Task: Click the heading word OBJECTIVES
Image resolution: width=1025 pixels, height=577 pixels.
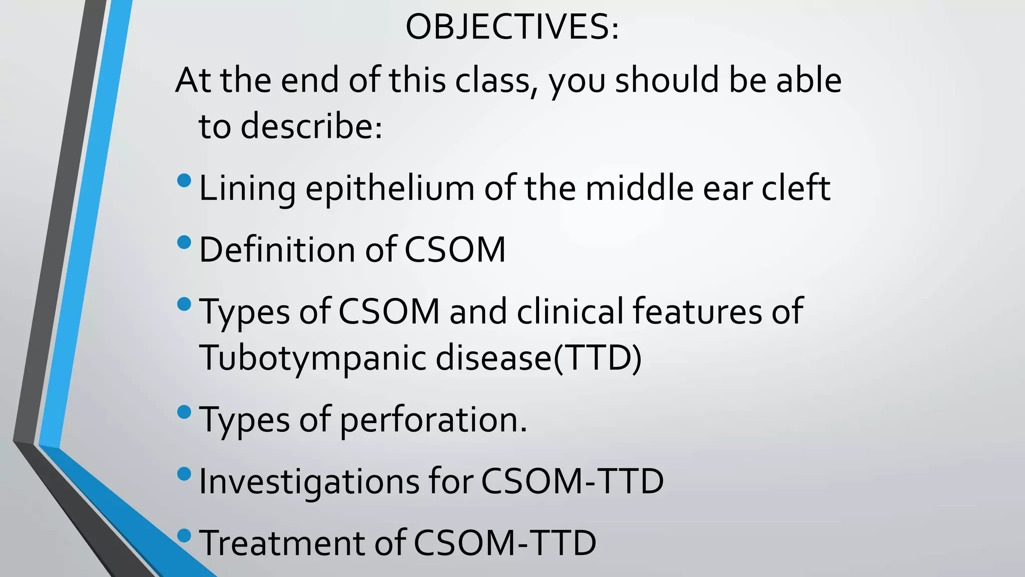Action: (511, 27)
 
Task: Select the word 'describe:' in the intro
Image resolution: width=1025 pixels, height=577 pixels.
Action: (311, 126)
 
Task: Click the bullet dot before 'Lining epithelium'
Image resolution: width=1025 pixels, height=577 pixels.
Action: (184, 180)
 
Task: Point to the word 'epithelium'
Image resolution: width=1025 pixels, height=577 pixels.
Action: (390, 189)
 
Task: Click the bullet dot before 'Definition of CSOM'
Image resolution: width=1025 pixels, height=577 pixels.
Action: (184, 242)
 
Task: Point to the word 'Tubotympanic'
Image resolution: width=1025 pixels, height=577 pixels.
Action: (313, 358)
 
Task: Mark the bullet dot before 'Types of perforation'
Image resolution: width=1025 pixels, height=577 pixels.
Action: (184, 412)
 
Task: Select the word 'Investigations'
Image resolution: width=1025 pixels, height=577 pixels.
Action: (309, 482)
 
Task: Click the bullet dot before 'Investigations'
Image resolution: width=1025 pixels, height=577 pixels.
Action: (184, 474)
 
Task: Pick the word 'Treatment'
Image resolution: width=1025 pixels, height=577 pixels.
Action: (282, 543)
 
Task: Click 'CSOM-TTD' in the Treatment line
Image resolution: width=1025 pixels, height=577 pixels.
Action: (505, 543)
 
